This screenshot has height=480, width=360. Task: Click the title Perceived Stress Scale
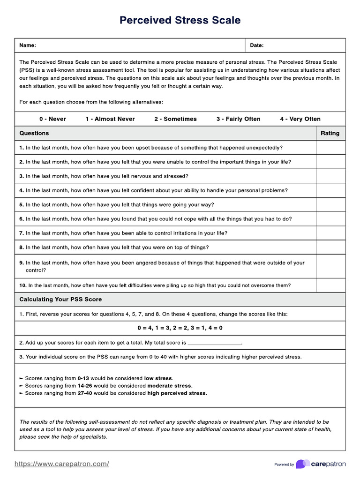[x=180, y=20]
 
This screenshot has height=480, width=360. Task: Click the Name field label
[x=27, y=45]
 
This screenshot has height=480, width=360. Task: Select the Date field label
[x=257, y=45]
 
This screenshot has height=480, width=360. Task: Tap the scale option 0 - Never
[x=52, y=119]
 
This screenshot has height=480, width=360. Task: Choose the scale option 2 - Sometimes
[x=175, y=119]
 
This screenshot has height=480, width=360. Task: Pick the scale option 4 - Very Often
[x=300, y=119]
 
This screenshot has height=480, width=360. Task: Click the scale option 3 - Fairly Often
[x=238, y=119]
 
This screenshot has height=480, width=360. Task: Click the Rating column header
[x=330, y=133]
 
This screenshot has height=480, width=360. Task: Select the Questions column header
[x=34, y=133]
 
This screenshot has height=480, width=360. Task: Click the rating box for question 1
[x=330, y=148]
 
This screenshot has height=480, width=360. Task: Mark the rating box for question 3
[x=330, y=176]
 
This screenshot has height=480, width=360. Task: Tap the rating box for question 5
[x=330, y=205]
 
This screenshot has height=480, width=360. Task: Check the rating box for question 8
[x=330, y=247]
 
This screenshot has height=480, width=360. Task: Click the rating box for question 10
[x=330, y=285]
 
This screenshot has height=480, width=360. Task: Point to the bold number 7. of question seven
[x=22, y=233]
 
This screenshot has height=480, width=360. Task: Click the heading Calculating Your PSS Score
[x=60, y=300]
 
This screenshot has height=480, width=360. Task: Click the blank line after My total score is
[x=214, y=343]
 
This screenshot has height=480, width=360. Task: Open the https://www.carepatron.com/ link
[x=62, y=464]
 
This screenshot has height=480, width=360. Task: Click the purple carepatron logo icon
[x=303, y=464]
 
